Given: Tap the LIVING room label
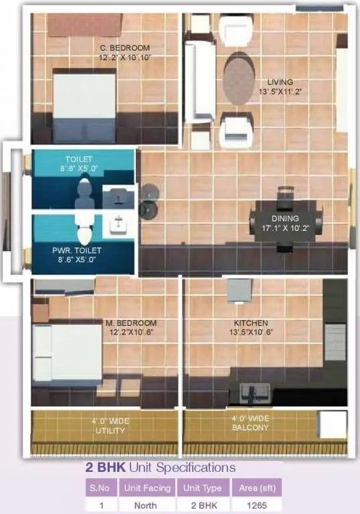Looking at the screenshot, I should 280,82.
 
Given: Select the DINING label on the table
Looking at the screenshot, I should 285,219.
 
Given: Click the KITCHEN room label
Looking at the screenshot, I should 251,323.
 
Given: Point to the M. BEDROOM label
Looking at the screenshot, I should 131,323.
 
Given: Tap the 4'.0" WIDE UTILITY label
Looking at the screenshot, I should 110,426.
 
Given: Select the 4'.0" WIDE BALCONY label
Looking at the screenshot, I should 250,423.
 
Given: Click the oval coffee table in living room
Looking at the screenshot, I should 239,78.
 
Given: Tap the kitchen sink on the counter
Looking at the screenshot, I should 253,390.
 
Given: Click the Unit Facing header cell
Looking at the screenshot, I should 148,488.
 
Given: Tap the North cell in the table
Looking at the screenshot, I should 148,506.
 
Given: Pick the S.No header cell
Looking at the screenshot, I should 101,488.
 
